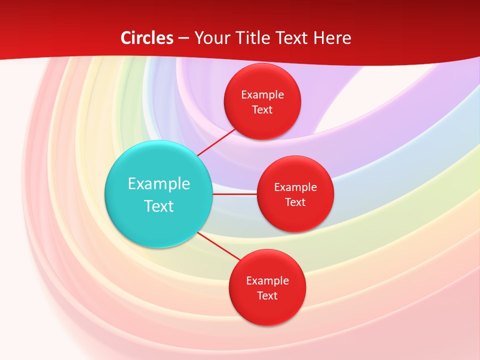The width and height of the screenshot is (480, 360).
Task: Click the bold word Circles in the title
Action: pyautogui.click(x=146, y=38)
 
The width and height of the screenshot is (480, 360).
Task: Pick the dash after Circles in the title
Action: pyautogui.click(x=183, y=38)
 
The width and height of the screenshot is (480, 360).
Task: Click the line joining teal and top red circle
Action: pyautogui.click(x=217, y=141)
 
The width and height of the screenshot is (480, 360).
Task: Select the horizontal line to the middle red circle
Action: pyautogui.click(x=235, y=194)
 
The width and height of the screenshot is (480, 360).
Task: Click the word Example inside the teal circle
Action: pyautogui.click(x=159, y=183)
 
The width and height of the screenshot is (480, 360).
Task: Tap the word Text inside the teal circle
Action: pyautogui.click(x=159, y=206)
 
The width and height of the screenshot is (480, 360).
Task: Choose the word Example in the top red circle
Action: pyautogui.click(x=262, y=94)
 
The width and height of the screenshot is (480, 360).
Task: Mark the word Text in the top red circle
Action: pyautogui.click(x=262, y=109)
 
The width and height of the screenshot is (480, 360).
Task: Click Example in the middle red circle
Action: pyautogui.click(x=295, y=187)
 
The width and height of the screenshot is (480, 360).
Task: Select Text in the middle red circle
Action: pyautogui.click(x=295, y=202)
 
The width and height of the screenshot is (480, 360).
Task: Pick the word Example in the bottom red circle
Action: pyautogui.click(x=267, y=280)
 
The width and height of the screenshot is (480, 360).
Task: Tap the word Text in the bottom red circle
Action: pyautogui.click(x=267, y=295)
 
